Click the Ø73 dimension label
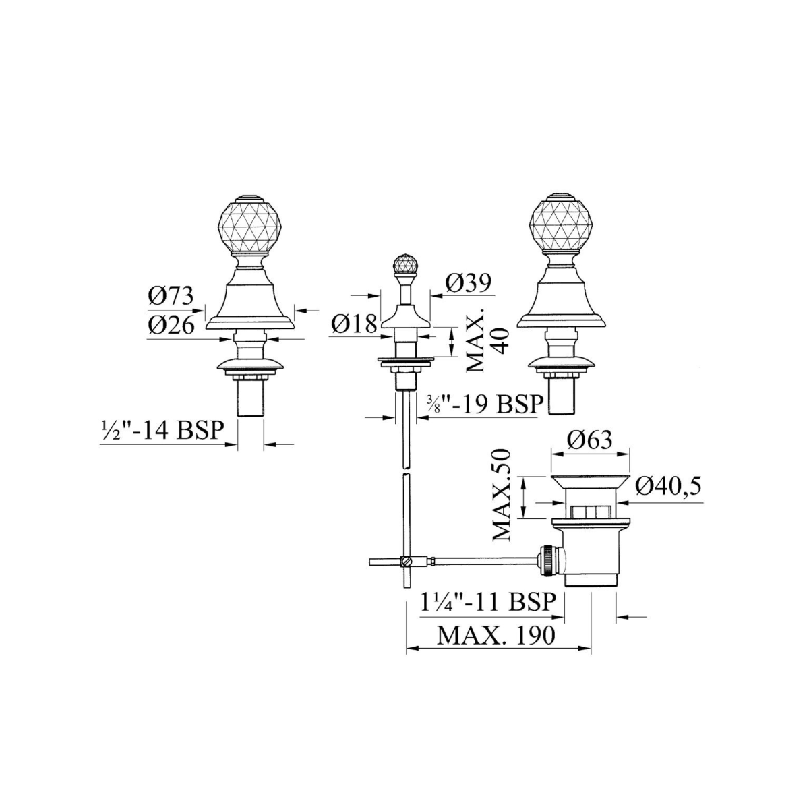tap(171, 297)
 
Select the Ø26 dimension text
tap(171, 325)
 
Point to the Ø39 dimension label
tap(468, 283)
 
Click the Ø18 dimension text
tap(353, 324)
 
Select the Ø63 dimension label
tap(590, 440)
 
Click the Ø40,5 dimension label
tap(668, 487)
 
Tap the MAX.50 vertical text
tap(502, 495)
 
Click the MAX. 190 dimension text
tap(496, 636)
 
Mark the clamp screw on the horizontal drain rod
tap(406, 561)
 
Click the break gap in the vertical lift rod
tap(406, 470)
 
